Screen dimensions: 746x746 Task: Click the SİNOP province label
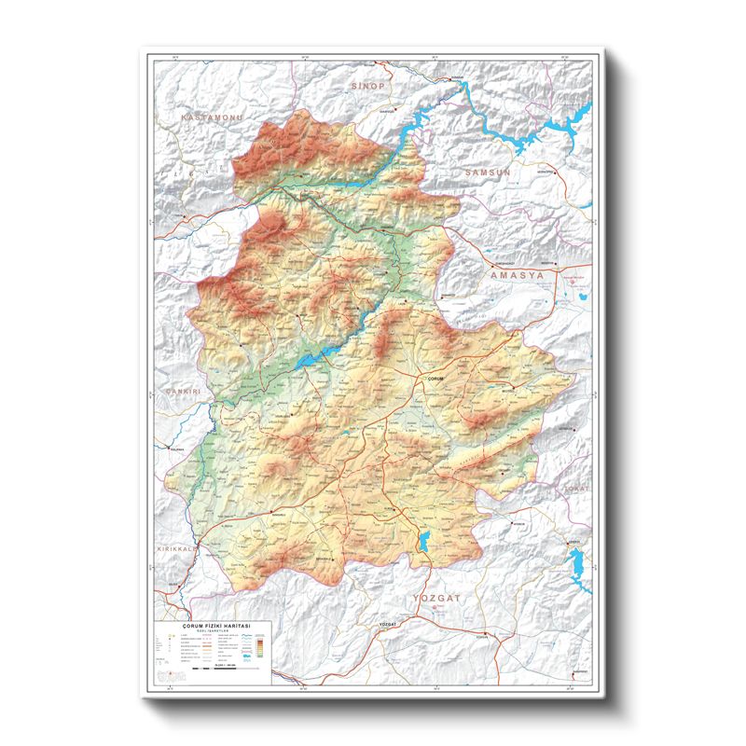click(366, 85)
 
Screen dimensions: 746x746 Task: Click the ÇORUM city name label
click(437, 378)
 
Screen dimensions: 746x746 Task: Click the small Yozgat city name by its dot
click(389, 622)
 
